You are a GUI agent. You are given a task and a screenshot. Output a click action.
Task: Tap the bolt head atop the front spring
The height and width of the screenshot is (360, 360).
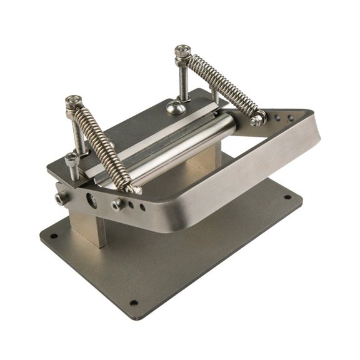73,100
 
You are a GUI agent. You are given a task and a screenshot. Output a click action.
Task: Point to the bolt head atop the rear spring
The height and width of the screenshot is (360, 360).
182,49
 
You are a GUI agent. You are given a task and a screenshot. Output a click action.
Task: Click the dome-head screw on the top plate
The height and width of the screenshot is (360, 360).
174,107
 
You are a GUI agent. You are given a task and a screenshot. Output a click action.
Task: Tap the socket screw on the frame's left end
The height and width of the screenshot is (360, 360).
61,199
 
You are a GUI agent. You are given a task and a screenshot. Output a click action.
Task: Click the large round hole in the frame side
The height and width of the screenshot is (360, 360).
91,200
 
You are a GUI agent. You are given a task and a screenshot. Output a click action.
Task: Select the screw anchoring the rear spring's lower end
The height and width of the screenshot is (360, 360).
256,119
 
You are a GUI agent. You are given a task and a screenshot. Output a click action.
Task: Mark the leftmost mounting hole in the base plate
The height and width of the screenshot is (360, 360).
54,237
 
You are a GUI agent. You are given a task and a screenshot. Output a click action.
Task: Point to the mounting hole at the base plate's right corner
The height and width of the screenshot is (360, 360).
287,197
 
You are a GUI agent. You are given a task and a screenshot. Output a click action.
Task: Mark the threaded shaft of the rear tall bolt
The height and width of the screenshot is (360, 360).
182,81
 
